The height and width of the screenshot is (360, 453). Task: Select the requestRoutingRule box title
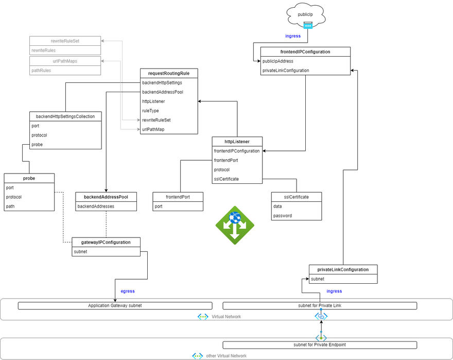click(169, 73)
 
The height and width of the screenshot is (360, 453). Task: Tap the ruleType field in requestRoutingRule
click(150, 111)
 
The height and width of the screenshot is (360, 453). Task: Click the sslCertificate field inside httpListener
click(226, 179)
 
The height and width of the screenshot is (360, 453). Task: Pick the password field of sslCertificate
click(283, 216)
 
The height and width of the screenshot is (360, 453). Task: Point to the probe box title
click(29, 178)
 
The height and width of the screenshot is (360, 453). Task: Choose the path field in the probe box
click(10, 207)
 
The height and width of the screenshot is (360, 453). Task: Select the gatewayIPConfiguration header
click(106, 242)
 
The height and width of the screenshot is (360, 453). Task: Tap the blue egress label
click(128, 291)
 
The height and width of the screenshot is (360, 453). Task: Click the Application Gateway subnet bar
click(115, 306)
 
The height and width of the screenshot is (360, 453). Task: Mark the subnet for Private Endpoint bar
click(319, 345)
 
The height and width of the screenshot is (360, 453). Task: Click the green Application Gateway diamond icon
click(235, 225)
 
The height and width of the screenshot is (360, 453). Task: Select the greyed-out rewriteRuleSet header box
click(65, 41)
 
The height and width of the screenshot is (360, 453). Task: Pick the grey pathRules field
click(41, 71)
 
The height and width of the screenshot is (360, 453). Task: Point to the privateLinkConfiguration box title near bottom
click(343, 269)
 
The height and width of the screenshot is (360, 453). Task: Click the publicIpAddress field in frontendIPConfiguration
click(278, 61)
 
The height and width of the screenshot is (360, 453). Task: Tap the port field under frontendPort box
click(160, 207)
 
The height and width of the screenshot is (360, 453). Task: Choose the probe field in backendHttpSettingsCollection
click(37, 145)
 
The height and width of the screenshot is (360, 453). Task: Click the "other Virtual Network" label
click(226, 356)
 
